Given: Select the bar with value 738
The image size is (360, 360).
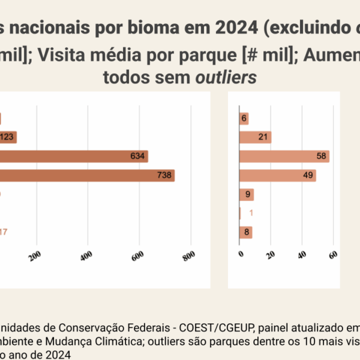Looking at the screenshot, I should coord(87,176).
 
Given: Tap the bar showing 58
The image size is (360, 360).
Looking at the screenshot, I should coord(284,157).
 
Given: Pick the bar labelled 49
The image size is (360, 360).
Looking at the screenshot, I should coord(277,176).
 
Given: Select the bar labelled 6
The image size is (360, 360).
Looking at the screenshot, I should coord(244,119).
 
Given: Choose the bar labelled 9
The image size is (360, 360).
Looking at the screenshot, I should coord(246,194).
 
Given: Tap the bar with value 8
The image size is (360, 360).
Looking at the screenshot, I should coord(245,232).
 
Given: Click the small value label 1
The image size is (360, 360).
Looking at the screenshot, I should coord(251,213).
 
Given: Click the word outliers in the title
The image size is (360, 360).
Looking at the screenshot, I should coord(231,77).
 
